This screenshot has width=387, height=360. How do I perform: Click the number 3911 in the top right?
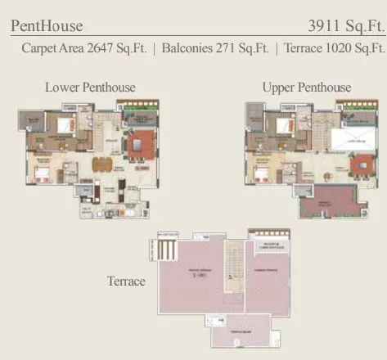327,26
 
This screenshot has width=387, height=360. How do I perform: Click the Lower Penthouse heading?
90,87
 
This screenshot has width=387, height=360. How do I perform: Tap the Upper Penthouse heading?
307,87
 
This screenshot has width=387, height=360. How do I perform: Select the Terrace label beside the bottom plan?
126,281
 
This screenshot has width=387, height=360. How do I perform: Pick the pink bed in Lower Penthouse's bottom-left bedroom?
40,173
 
